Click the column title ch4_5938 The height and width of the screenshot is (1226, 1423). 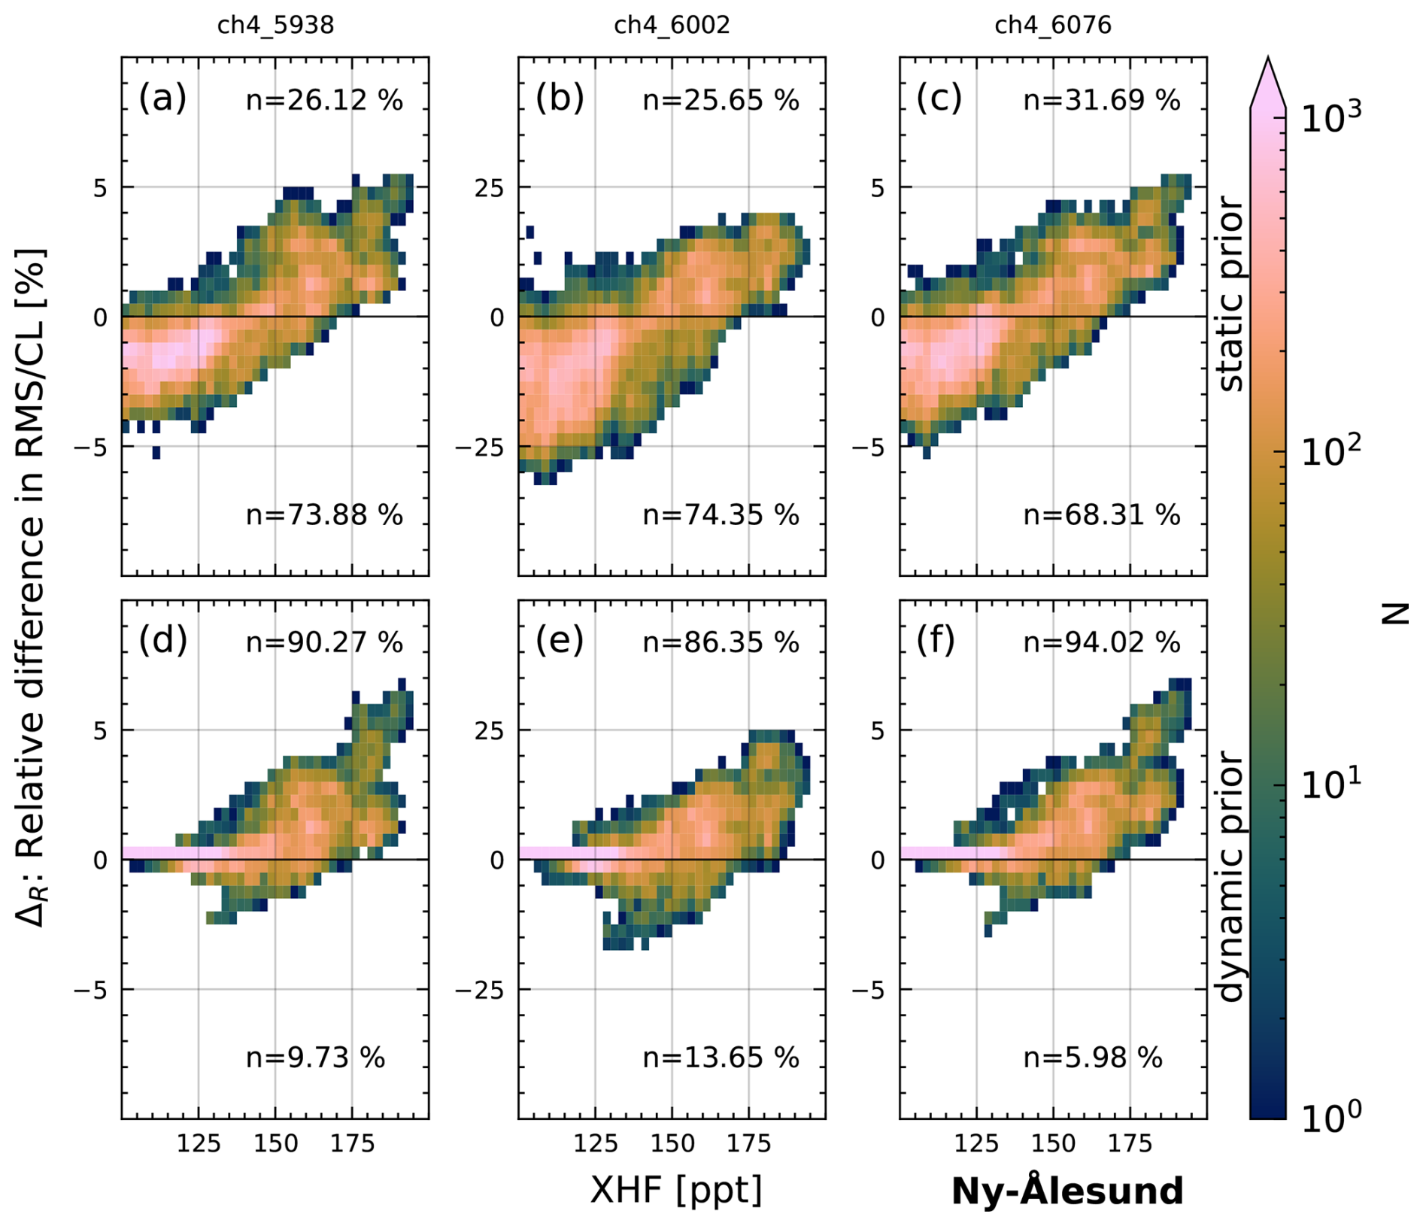(275, 26)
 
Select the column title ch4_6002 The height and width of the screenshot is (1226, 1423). (672, 26)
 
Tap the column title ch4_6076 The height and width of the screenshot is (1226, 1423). (1053, 26)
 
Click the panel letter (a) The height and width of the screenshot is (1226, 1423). (162, 99)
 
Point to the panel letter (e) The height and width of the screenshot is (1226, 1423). (560, 641)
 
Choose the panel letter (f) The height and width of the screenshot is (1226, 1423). (936, 641)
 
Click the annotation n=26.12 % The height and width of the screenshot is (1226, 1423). (324, 100)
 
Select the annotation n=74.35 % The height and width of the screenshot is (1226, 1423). (721, 515)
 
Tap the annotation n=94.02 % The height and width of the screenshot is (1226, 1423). (1102, 642)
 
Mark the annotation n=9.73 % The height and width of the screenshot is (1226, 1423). (315, 1058)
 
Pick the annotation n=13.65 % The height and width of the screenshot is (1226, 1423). (721, 1058)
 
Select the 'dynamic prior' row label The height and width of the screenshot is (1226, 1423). (1230, 876)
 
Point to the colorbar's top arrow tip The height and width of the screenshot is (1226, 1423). (1268, 59)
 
